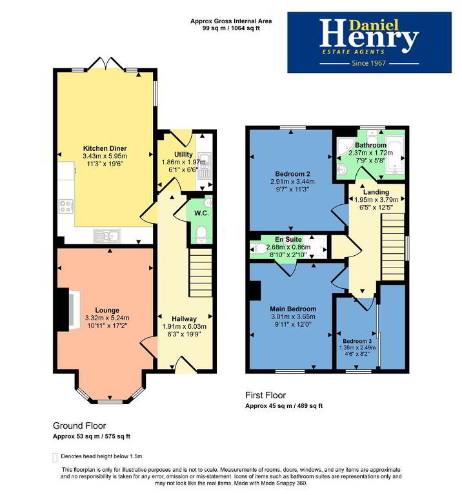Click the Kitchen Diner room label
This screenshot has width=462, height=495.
(105, 148)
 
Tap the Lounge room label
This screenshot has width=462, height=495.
(107, 310)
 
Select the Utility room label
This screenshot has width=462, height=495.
(183, 155)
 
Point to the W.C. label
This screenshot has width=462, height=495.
(201, 213)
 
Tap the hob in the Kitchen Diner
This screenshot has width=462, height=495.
(66, 206)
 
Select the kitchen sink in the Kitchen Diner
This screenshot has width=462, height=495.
(107, 235)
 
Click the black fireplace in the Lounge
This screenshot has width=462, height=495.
(63, 309)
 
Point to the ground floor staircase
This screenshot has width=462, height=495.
(201, 272)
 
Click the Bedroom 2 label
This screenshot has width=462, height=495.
(292, 173)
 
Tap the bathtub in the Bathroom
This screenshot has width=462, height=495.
(395, 155)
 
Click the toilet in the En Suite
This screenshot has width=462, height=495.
(259, 248)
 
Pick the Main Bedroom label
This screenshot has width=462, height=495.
(293, 309)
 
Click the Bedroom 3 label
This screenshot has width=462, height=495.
(357, 341)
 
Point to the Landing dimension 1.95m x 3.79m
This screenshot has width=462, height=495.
(376, 200)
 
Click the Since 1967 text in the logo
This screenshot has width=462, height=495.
(369, 63)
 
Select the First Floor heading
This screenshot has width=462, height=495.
(265, 395)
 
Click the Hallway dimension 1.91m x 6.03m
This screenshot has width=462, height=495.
(185, 326)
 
